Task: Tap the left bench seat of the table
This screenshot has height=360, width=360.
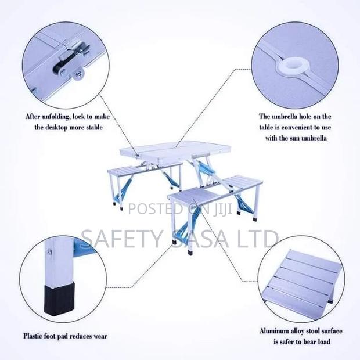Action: point(126,171)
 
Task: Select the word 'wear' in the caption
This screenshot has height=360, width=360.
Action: point(99,336)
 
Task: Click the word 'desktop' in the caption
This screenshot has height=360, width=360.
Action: point(57,127)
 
